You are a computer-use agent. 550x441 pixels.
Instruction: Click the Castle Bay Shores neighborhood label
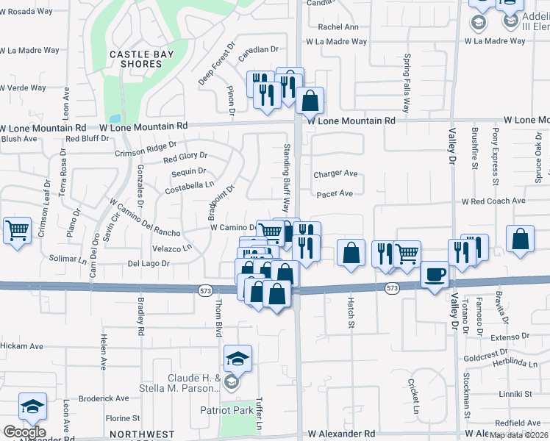[135, 59]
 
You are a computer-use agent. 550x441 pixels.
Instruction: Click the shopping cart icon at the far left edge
[17, 231]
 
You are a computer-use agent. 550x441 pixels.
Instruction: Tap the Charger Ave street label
[335, 174]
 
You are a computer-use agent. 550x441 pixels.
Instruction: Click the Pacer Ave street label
[335, 194]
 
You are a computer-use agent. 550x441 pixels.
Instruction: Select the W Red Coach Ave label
[493, 201]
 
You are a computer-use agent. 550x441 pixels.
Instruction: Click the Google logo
[24, 431]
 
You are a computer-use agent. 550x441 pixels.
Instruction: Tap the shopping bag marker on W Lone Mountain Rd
[311, 101]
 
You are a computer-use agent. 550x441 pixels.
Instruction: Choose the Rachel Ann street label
[338, 27]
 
